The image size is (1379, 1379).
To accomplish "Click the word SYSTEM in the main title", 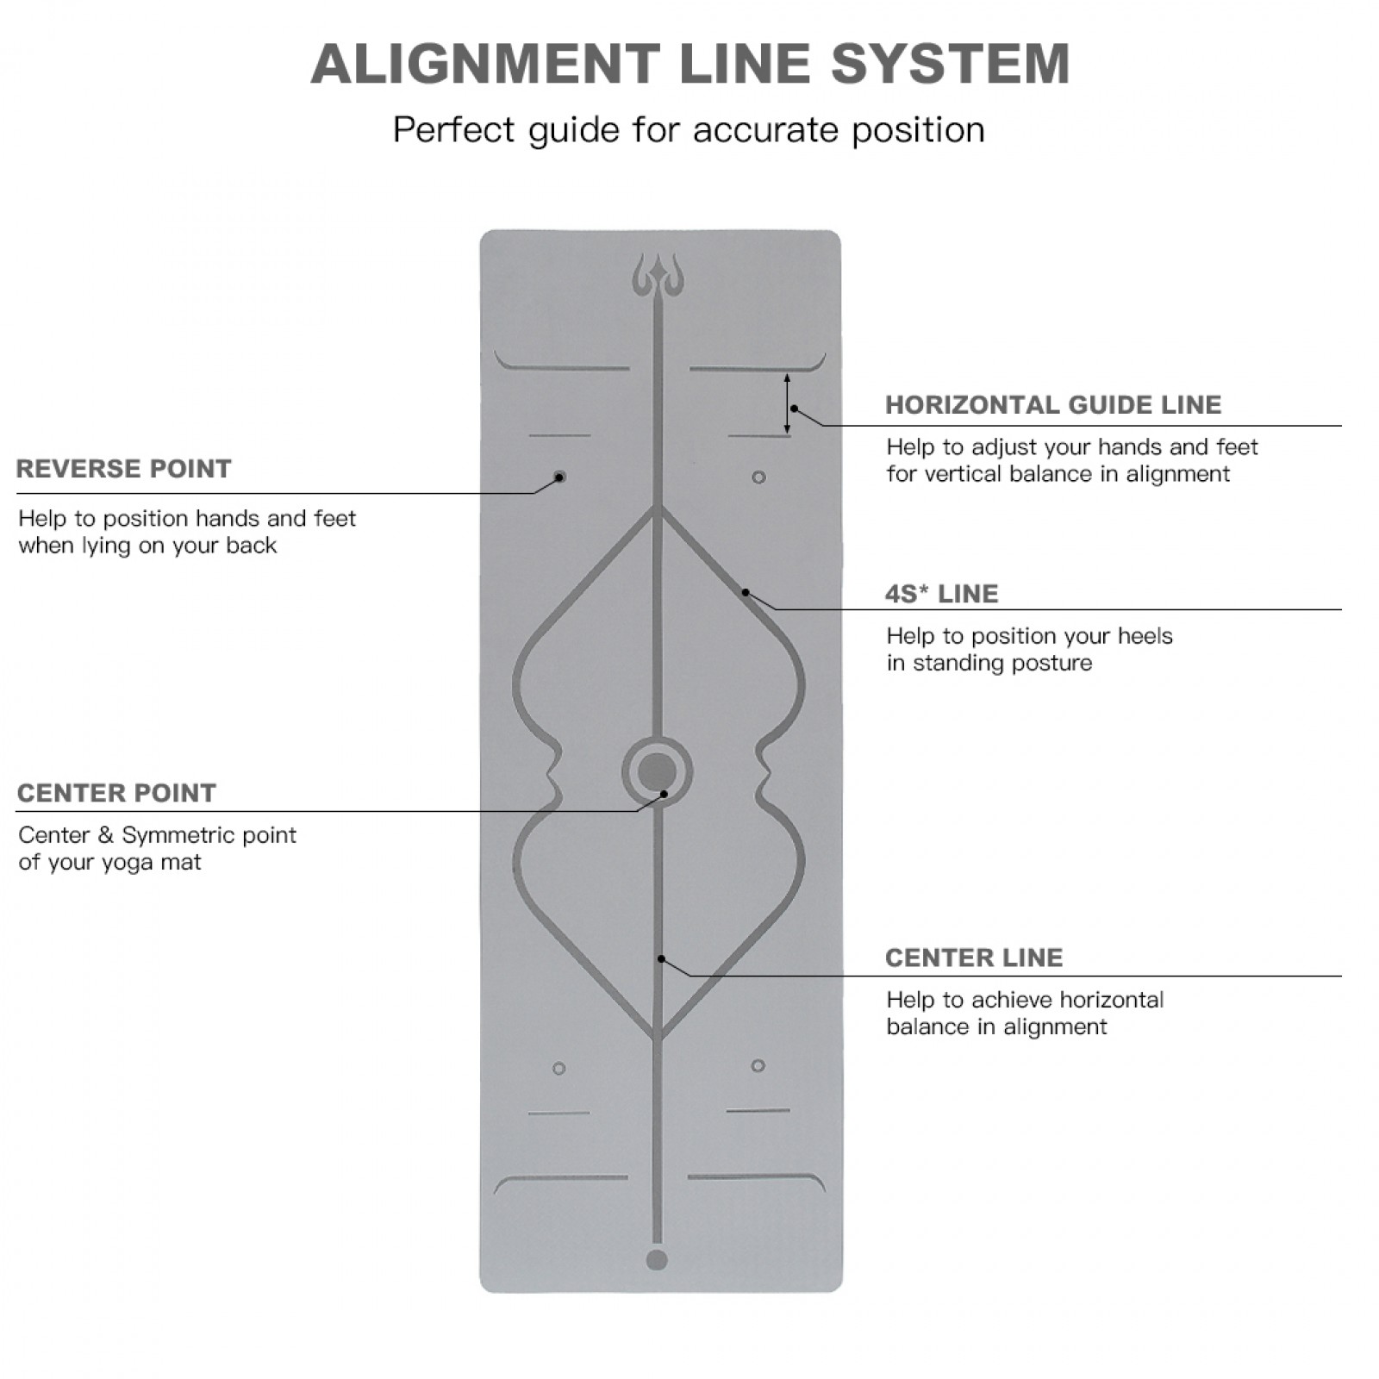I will coord(950,64).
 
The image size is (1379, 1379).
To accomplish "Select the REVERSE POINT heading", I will coord(124,469).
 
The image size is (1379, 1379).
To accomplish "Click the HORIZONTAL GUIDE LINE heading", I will coord(1053,405).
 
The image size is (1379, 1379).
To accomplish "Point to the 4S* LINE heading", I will coord(941,594).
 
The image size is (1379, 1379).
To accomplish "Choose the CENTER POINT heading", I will coord(116,793).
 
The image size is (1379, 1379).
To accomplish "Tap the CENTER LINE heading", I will coord(974,958).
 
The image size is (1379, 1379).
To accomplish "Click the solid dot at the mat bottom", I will coord(657,1260).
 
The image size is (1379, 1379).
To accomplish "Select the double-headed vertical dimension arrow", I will coord(787,403).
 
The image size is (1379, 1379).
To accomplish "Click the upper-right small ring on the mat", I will coord(758,477).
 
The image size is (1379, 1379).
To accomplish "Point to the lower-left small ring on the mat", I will coord(559,1069).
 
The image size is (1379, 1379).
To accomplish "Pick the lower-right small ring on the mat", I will coord(758,1066).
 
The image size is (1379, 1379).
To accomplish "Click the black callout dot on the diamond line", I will coord(746,593).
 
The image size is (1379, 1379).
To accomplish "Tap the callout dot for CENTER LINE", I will coord(661,958).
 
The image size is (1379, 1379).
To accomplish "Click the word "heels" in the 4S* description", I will coord(1145,636).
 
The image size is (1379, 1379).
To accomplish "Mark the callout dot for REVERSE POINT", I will coord(559,477).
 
